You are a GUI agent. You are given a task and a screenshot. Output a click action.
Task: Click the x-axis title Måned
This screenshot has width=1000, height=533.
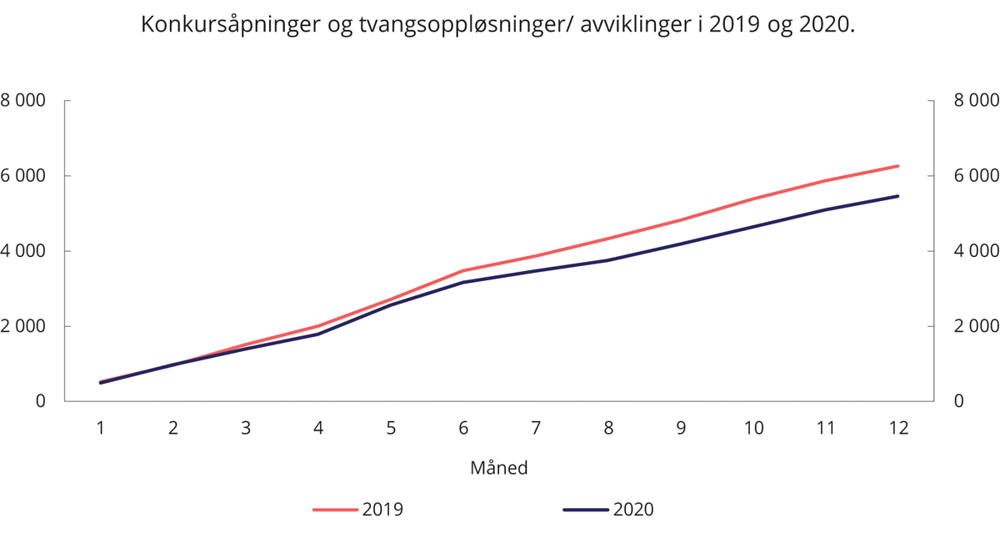499,468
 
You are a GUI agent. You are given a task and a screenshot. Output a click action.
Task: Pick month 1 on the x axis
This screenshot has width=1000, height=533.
101,428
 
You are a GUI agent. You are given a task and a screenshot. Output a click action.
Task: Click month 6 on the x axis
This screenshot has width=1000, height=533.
463,428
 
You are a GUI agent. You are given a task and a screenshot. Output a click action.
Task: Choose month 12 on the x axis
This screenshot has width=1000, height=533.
897,428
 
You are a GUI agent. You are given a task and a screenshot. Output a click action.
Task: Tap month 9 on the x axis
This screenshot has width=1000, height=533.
681,428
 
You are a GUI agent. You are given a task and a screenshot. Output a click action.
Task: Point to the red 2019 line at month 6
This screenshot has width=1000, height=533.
463,270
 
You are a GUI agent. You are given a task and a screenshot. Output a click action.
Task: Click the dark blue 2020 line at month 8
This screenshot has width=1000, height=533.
608,260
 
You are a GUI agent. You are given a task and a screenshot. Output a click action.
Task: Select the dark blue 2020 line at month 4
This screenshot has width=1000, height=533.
318,334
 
